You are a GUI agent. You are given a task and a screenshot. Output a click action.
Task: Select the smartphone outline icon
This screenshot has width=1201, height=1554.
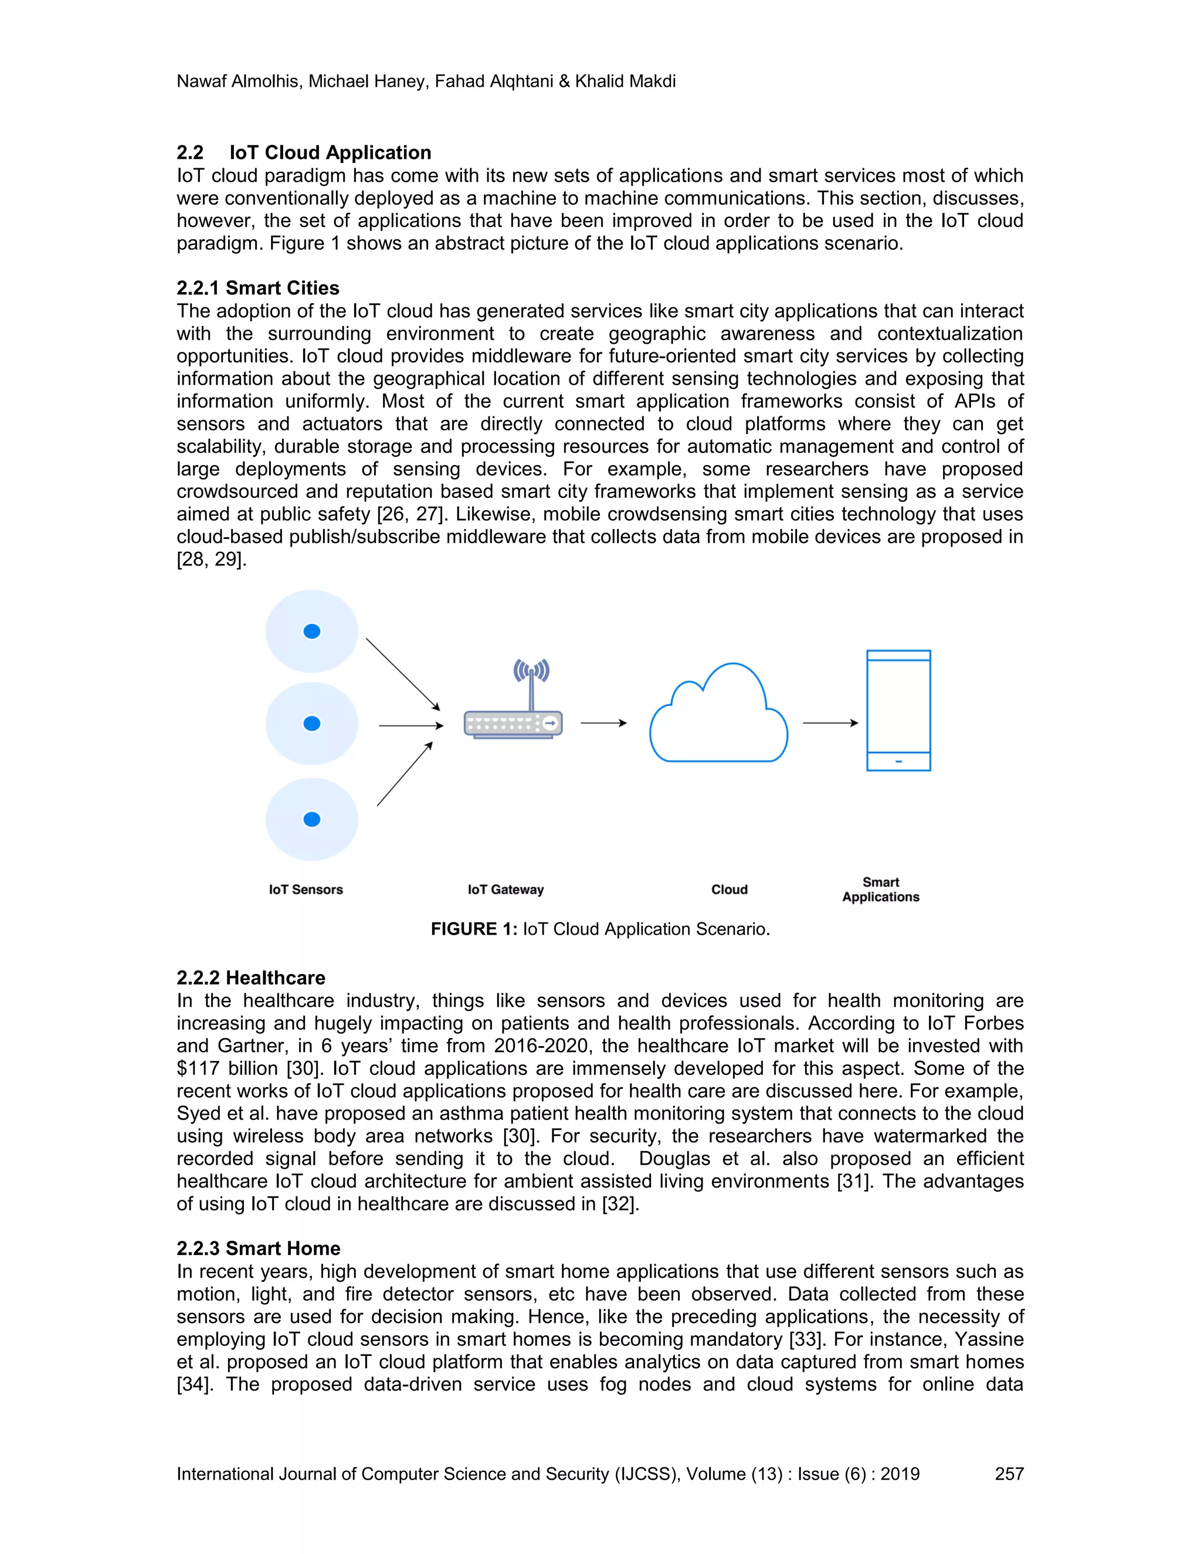898,710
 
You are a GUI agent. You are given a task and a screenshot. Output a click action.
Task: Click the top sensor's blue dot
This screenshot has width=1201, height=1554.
311,631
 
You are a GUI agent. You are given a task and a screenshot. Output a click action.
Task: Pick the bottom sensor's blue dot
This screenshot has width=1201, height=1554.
311,819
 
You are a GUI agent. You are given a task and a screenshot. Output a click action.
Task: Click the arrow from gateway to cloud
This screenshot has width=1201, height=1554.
603,723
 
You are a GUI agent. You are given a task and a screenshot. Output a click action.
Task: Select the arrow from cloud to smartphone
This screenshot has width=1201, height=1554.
830,723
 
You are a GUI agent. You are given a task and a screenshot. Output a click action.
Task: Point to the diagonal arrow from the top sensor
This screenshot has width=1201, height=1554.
403,674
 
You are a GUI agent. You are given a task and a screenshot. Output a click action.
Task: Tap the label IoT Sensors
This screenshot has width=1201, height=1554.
306,890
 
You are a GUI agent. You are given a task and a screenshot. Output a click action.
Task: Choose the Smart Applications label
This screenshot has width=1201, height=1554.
881,890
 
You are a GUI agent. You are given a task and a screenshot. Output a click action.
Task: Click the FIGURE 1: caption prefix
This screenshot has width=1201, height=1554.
474,929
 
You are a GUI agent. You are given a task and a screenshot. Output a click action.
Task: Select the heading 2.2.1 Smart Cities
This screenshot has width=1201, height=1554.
257,288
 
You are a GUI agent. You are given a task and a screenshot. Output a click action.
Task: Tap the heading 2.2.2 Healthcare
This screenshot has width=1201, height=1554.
250,978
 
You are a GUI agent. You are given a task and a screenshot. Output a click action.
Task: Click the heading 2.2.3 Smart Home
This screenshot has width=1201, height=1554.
258,1248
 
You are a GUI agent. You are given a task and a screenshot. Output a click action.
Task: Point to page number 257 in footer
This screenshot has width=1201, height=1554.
1009,1474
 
